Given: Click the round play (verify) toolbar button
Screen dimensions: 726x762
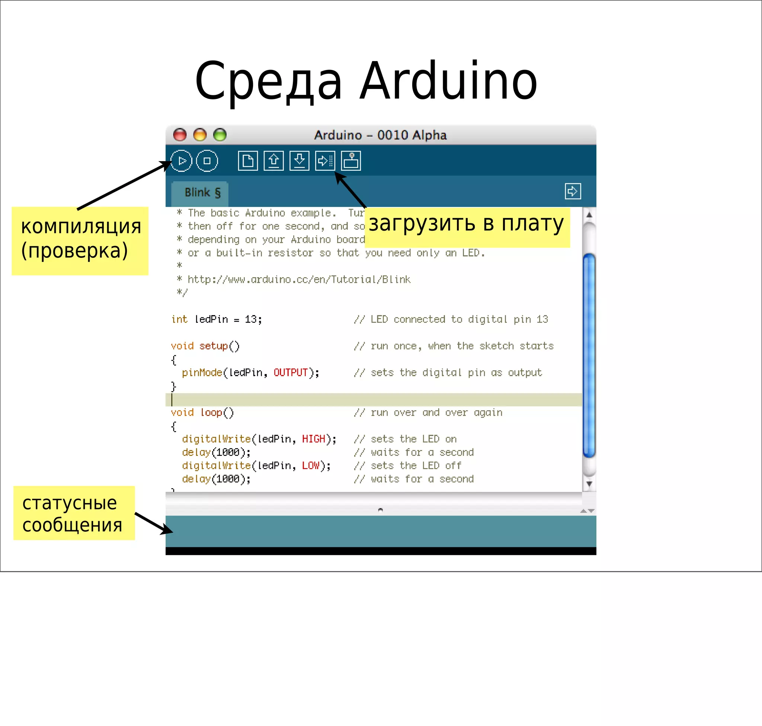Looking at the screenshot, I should [x=181, y=161].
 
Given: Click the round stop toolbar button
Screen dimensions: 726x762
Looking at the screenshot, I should [x=207, y=161].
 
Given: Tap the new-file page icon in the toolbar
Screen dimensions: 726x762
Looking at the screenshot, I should [x=248, y=161].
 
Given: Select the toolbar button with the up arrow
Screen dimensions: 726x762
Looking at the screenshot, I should [x=273, y=161].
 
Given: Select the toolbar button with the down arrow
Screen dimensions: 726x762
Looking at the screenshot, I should [x=299, y=161].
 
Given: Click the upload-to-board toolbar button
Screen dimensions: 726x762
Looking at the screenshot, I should [x=325, y=161].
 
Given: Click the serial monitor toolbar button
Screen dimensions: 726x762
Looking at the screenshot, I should [x=351, y=161].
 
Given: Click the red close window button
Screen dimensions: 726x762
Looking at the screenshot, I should [x=180, y=135].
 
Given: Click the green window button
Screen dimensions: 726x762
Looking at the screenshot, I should [x=220, y=135].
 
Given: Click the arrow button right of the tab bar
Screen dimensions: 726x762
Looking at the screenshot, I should [x=572, y=191].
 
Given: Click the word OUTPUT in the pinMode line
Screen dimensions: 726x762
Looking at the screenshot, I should [x=290, y=372].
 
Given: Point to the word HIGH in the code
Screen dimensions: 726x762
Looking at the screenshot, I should [x=313, y=439].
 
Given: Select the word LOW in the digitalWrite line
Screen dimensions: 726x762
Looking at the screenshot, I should [x=311, y=466].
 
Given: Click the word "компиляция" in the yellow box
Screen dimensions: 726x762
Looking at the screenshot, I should [x=81, y=226].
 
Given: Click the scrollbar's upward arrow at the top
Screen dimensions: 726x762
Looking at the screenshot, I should [x=589, y=215].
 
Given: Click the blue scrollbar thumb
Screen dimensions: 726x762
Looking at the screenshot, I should [x=589, y=355].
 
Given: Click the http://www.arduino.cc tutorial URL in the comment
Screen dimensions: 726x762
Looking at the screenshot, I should [x=299, y=279].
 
